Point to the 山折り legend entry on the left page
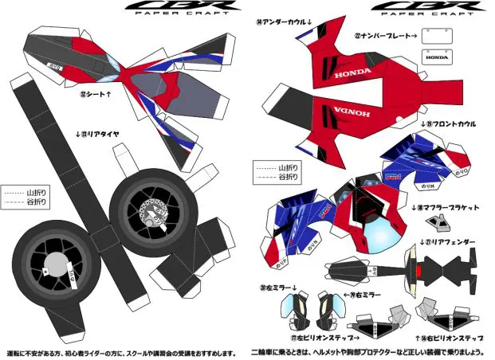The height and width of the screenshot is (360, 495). [26, 192]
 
